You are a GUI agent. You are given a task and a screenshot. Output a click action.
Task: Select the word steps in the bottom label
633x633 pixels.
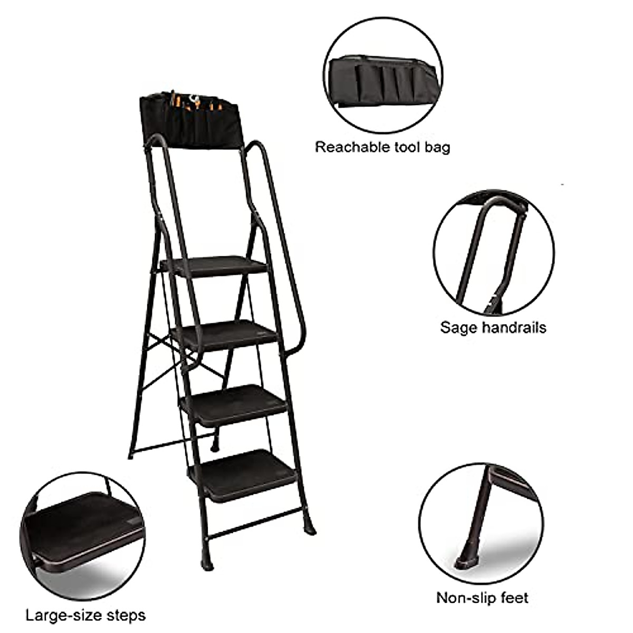point(124,615)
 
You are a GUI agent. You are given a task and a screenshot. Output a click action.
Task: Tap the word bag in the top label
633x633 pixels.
point(437,147)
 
